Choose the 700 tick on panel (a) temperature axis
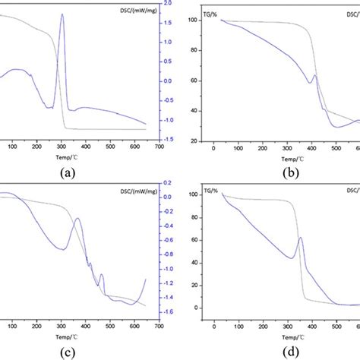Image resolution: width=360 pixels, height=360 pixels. (159, 147)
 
